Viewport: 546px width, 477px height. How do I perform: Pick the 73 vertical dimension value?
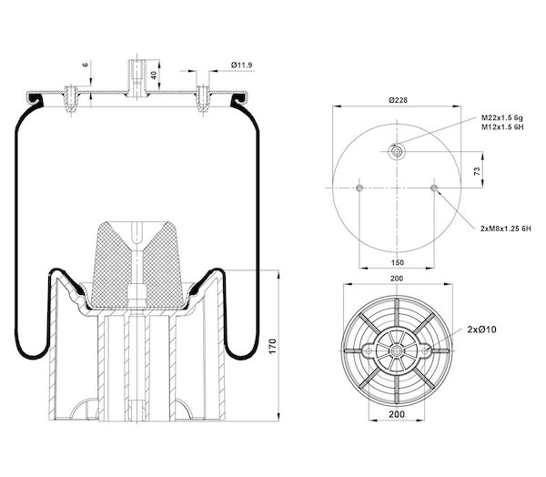477,170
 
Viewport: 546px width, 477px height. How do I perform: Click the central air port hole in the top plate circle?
397,151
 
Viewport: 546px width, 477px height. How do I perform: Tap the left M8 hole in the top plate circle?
361,189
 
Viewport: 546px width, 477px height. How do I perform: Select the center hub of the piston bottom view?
396,349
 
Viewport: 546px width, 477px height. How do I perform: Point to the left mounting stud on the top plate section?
71,95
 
